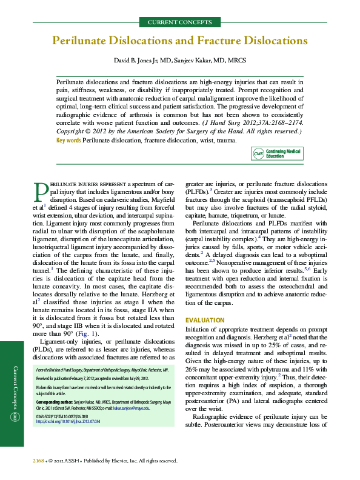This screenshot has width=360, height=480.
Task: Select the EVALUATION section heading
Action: pos(206,320)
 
